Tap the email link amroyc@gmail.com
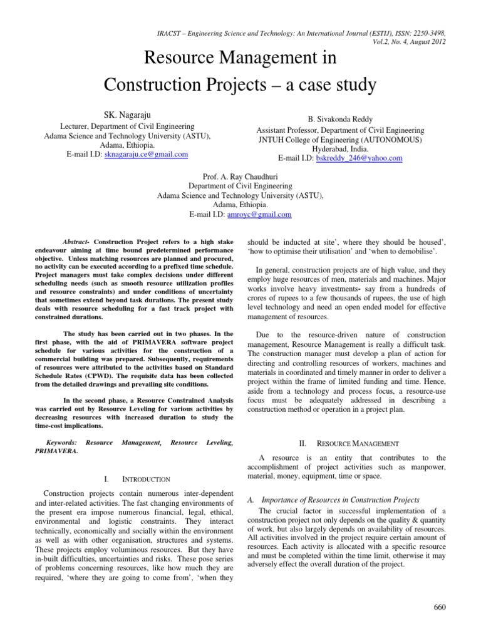point(262,214)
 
